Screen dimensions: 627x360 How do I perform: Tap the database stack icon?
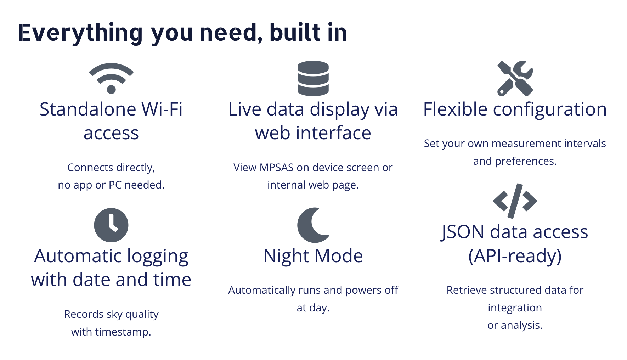tap(313, 78)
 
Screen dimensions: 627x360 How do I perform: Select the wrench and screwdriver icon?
tap(515, 78)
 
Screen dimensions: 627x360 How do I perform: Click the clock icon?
tap(111, 225)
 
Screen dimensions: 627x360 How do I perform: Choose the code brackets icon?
tap(515, 201)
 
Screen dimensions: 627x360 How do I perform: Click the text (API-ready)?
tap(515, 256)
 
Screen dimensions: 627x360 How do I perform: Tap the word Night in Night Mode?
tap(286, 256)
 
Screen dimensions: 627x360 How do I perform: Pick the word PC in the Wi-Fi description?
tap(115, 185)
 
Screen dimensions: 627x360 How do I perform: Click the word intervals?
tap(585, 144)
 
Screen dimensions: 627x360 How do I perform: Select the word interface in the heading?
tap(333, 133)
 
